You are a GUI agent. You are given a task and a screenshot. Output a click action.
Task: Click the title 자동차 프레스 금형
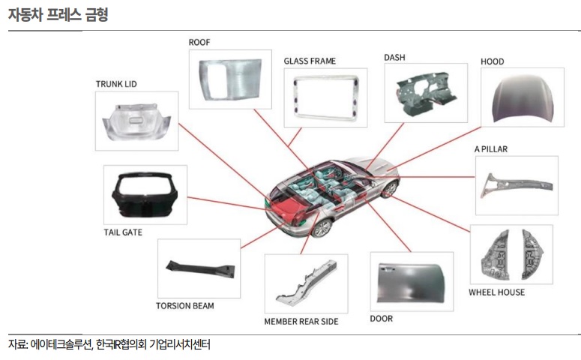pyautogui.click(x=58, y=14)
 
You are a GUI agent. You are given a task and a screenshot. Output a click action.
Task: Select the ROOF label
pyautogui.click(x=199, y=42)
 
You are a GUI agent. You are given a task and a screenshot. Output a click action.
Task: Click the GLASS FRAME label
pyautogui.click(x=310, y=61)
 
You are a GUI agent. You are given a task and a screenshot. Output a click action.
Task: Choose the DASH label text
pyautogui.click(x=395, y=57)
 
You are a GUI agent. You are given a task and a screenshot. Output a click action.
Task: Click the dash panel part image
pyautogui.click(x=425, y=93)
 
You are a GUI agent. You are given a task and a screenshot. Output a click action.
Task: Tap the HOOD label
pyautogui.click(x=493, y=61)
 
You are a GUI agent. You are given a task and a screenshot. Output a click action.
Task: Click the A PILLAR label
pyautogui.click(x=491, y=149)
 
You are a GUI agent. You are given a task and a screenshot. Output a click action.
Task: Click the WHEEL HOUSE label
pyautogui.click(x=496, y=292)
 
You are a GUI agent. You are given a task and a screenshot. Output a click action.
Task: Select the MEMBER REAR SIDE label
pyautogui.click(x=301, y=321)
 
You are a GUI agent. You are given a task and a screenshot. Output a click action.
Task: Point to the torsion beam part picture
pyautogui.click(x=199, y=268)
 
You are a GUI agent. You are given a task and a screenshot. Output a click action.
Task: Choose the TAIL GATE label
pyautogui.click(x=123, y=232)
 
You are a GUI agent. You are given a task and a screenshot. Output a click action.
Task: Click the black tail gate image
pyautogui.click(x=145, y=195)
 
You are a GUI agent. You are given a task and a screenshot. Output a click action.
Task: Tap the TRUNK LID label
pyautogui.click(x=116, y=83)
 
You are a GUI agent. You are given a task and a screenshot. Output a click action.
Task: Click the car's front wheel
pyautogui.click(x=388, y=189)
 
